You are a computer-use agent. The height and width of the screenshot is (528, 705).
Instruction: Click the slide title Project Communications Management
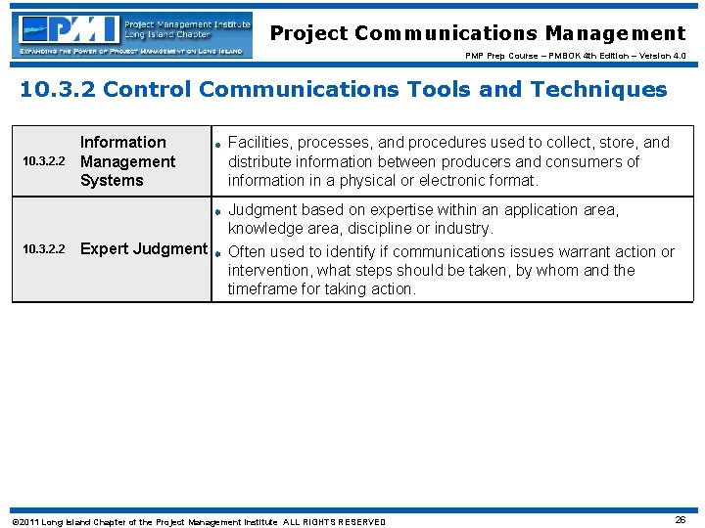(x=478, y=33)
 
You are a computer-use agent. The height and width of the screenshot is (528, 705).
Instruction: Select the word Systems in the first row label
(x=112, y=181)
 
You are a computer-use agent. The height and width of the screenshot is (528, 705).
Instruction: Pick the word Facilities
(x=263, y=143)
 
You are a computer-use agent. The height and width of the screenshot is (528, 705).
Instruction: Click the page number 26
(x=680, y=520)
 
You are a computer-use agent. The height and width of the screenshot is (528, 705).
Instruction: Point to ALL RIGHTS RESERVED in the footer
(x=335, y=522)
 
